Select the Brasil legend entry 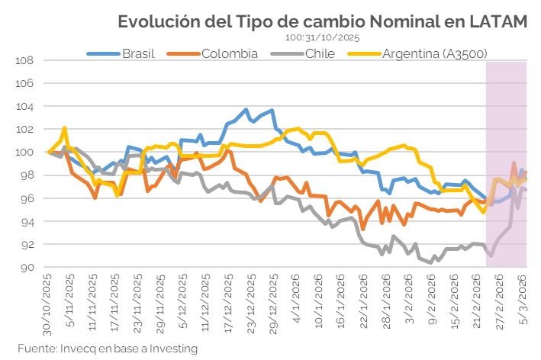138,53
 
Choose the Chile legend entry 320,53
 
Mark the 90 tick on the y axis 28,268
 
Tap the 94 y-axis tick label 28,222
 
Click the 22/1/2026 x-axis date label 365,305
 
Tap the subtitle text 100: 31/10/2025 323,37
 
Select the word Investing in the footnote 172,349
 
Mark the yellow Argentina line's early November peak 65,128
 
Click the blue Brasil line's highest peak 246,110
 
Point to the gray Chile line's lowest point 432,262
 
